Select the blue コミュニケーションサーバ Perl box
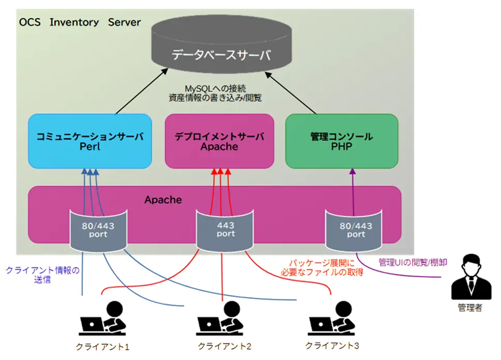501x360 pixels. coord(90,141)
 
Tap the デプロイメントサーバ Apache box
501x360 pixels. coord(219,141)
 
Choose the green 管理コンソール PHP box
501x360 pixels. coord(342,141)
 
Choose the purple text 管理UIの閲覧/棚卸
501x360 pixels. coord(412,262)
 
